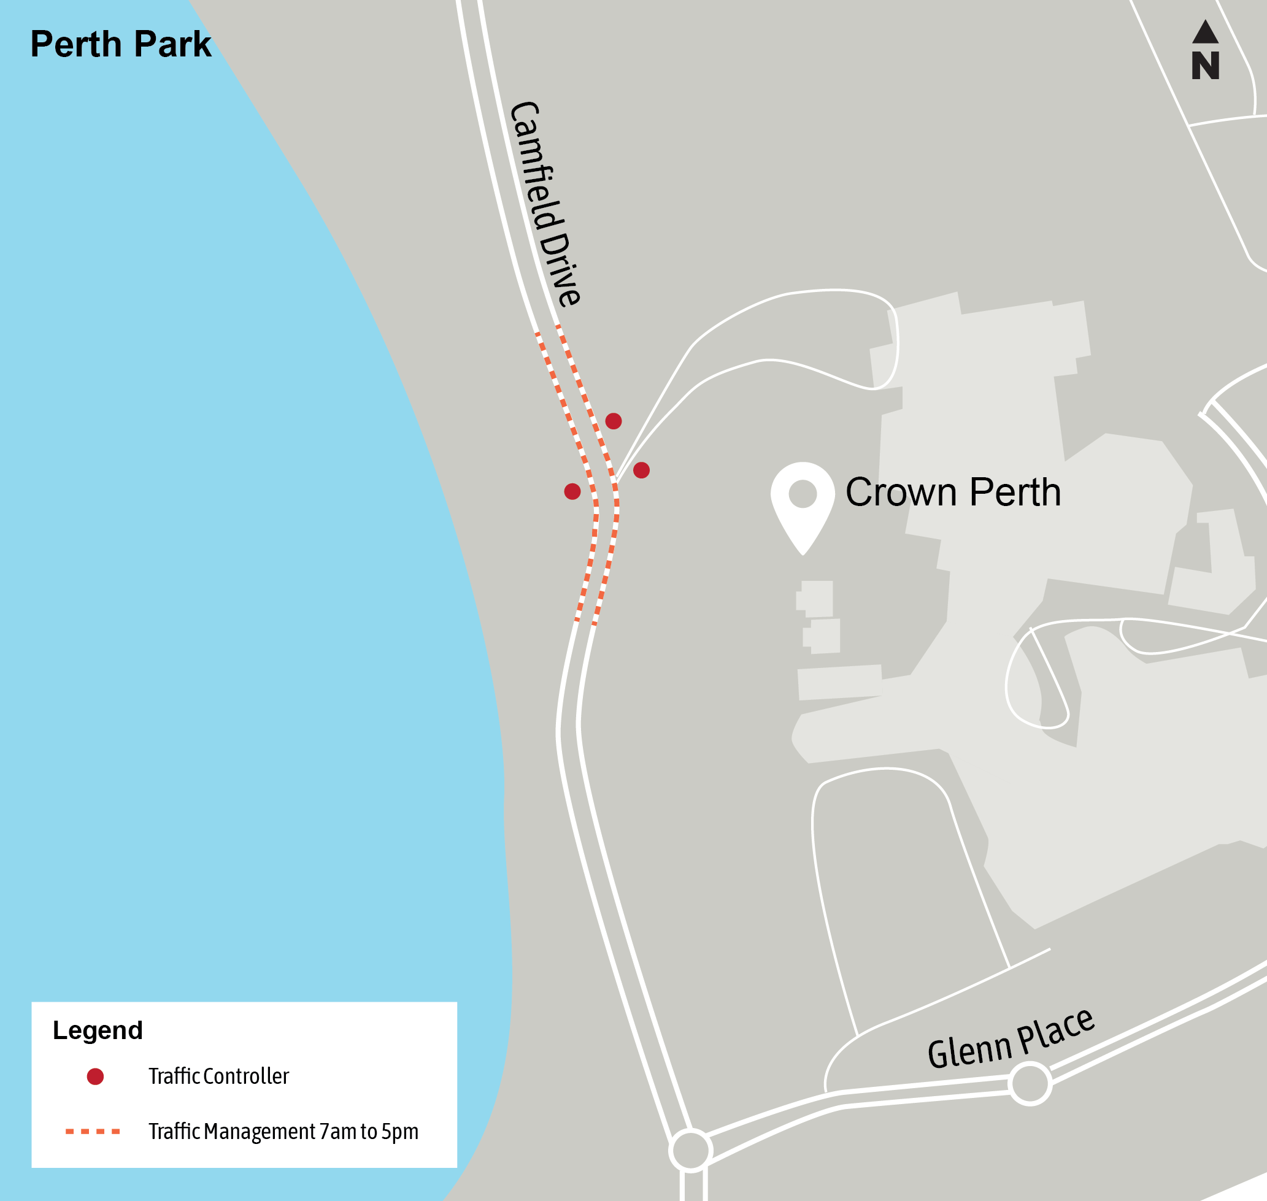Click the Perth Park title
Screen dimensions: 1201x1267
tap(120, 44)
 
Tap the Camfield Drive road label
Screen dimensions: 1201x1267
tap(545, 204)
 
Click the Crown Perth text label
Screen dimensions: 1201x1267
tap(953, 493)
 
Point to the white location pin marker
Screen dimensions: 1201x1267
tap(802, 503)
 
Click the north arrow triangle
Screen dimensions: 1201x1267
tap(1205, 33)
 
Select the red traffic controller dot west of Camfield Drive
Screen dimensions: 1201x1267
tap(572, 492)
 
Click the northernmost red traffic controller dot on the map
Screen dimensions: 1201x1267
tap(614, 421)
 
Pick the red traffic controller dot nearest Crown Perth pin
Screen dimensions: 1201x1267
tap(642, 470)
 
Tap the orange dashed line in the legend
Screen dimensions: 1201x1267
tap(93, 1132)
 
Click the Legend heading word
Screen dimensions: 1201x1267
tap(98, 1030)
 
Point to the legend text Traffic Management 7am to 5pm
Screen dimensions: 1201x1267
tap(283, 1132)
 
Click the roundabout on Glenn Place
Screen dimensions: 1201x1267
tap(1030, 1084)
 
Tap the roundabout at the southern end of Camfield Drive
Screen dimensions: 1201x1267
tap(690, 1151)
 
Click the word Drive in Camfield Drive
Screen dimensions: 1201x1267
tap(560, 269)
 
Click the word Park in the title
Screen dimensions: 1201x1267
tap(172, 44)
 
